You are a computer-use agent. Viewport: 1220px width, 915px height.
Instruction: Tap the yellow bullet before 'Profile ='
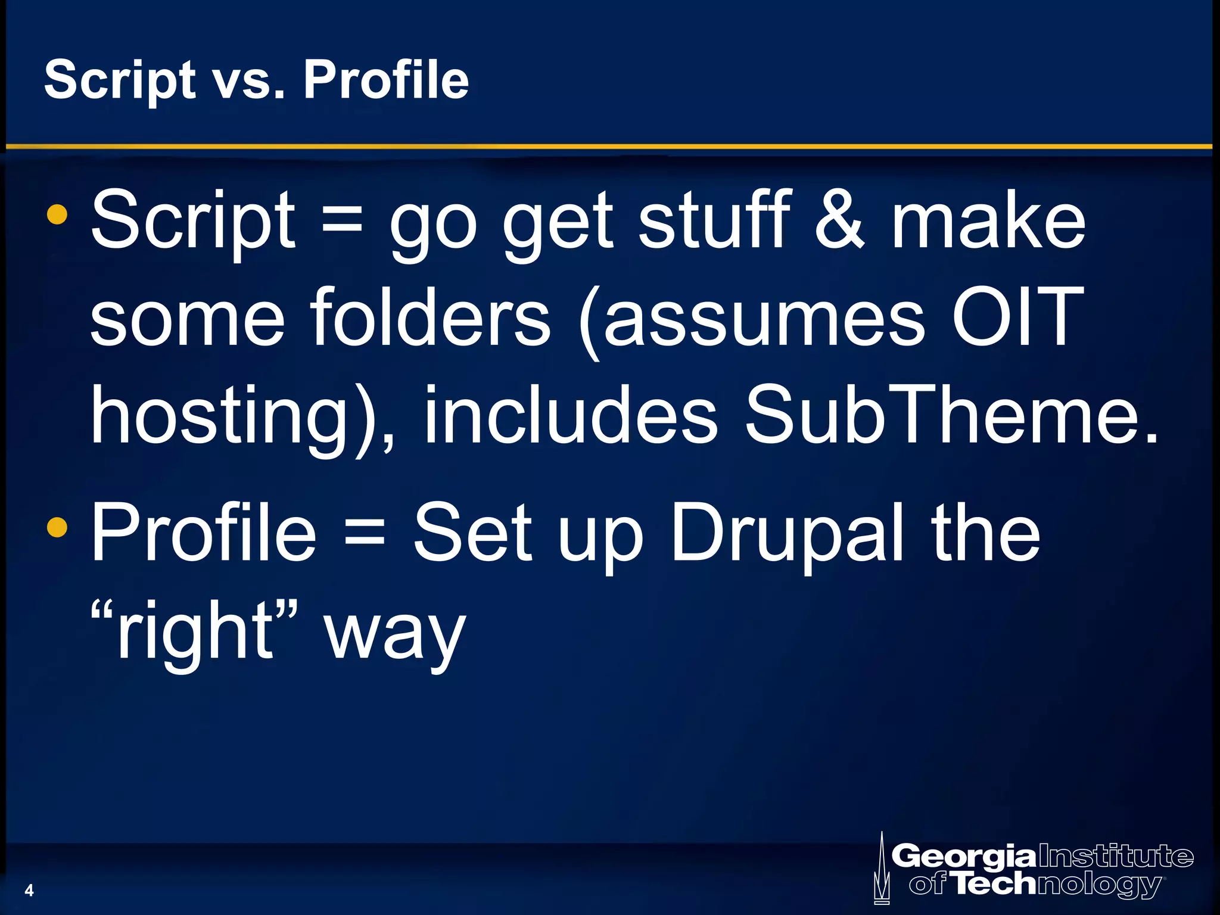tap(57, 526)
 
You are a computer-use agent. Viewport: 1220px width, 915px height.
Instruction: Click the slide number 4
tap(29, 891)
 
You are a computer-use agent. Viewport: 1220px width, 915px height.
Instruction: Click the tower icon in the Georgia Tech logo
tap(882, 870)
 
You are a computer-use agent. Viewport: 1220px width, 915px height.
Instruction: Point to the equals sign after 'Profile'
tap(365, 532)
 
